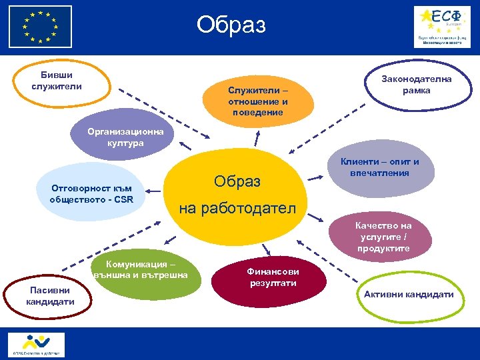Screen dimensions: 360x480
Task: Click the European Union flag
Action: [40, 27]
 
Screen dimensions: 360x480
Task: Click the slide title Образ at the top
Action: [231, 25]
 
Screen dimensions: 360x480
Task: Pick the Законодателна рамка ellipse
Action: [416, 85]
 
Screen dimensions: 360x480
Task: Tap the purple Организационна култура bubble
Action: [125, 137]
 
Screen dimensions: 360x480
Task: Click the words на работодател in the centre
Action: [237, 208]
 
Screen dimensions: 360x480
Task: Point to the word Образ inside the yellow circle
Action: [237, 181]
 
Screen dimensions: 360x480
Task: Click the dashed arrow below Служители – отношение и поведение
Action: [257, 135]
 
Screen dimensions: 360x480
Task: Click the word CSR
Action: [124, 199]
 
